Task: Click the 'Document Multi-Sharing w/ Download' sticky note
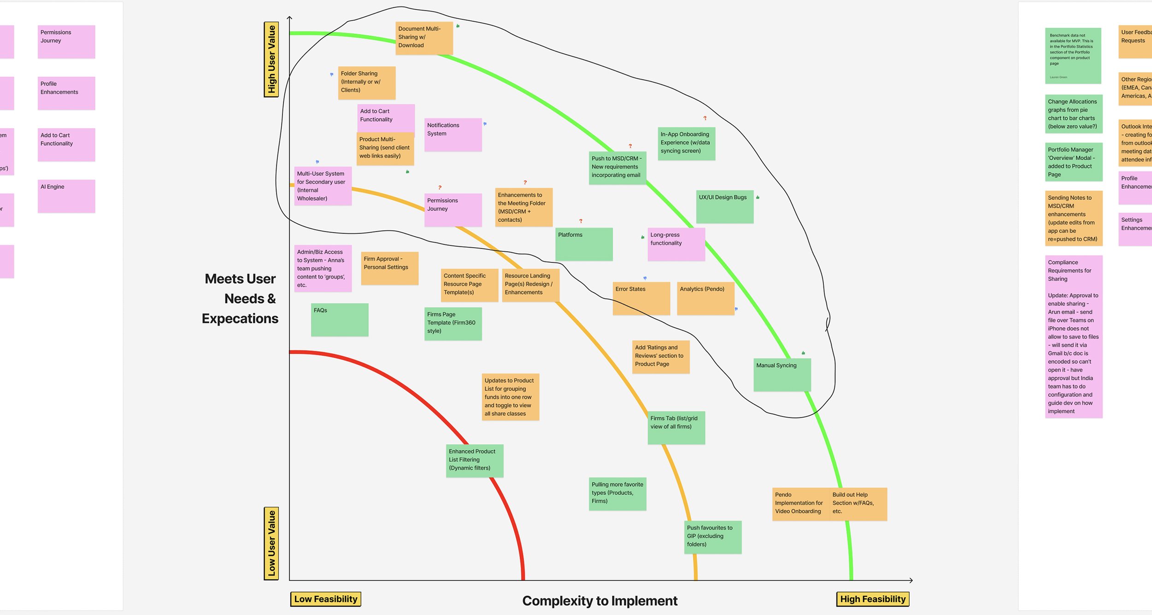(424, 38)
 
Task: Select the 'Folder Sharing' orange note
(366, 82)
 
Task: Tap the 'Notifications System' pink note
(453, 134)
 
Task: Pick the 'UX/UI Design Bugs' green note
(724, 207)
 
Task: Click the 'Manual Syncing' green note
(782, 374)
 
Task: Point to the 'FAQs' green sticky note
(339, 319)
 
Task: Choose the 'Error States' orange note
(641, 298)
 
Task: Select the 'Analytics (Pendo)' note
(705, 298)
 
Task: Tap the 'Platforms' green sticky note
(583, 244)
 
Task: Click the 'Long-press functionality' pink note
(676, 244)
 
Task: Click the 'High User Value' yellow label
(271, 59)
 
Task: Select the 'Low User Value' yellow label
(271, 543)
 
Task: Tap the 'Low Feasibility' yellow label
(325, 599)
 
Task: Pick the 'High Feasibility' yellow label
(872, 599)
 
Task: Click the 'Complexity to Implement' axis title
(600, 601)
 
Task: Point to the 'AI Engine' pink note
(66, 196)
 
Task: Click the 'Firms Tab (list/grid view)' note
(676, 427)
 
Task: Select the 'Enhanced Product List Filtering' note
(474, 460)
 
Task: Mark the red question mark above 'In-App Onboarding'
(705, 118)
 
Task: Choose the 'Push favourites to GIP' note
(712, 537)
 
